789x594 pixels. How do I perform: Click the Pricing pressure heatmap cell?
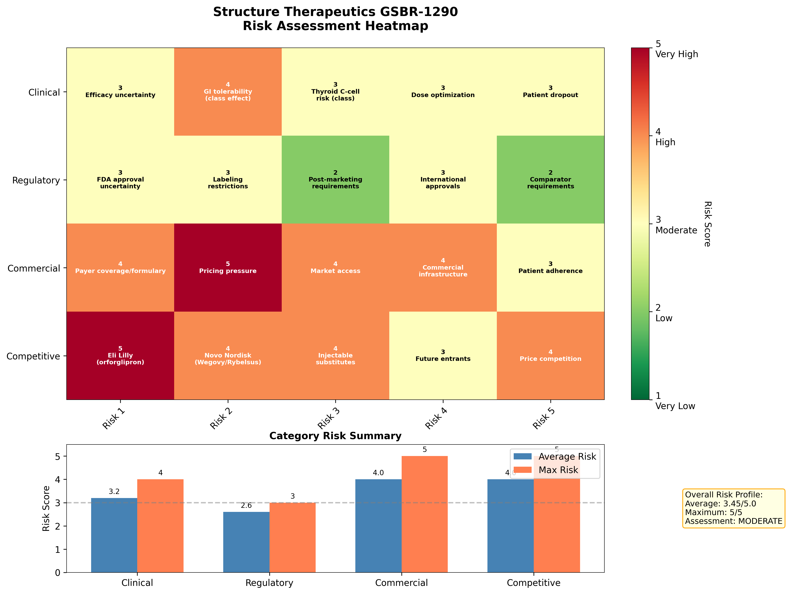tap(228, 267)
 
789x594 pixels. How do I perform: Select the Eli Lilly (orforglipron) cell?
tap(120, 356)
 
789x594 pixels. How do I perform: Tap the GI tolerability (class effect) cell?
tap(228, 92)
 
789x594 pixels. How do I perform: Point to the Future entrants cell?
tap(443, 356)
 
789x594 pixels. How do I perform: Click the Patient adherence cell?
tap(550, 267)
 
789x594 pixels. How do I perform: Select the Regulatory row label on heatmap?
tap(36, 180)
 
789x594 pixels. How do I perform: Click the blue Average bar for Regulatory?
tap(246, 542)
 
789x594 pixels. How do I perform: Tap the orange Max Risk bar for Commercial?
tap(424, 513)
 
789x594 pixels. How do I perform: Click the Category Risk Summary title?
tap(335, 436)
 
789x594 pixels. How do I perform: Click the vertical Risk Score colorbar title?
tap(707, 224)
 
